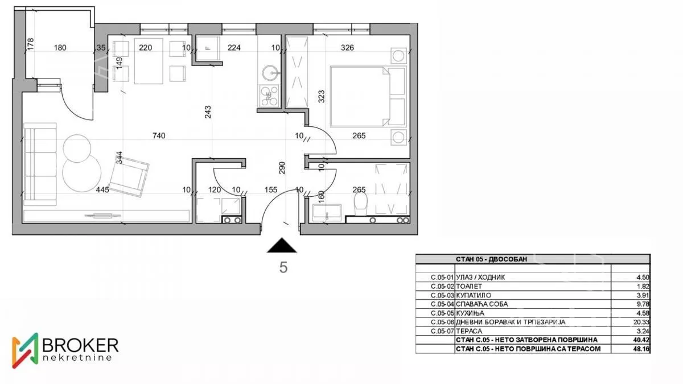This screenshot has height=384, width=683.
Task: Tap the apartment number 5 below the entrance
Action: click(x=283, y=267)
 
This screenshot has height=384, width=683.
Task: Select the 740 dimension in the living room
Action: click(x=159, y=135)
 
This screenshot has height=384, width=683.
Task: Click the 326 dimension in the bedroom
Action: click(x=347, y=48)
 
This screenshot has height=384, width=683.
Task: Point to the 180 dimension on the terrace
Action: click(x=60, y=48)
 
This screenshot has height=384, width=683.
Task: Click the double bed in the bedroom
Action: click(x=368, y=96)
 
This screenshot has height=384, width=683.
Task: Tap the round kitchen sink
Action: click(x=270, y=73)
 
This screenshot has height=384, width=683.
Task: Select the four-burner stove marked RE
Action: click(x=269, y=96)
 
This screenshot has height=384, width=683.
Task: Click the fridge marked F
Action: click(x=208, y=48)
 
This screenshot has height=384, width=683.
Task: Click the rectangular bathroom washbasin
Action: click(x=327, y=212)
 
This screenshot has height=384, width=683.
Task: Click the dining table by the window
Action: click(x=149, y=61)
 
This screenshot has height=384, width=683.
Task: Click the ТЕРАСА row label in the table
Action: click(x=469, y=331)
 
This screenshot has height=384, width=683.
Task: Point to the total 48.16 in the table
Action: click(x=641, y=349)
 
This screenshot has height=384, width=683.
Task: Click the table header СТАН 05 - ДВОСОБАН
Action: click(x=491, y=259)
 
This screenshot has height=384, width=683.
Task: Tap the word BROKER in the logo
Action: click(x=80, y=345)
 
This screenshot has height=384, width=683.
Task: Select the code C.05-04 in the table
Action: click(x=442, y=304)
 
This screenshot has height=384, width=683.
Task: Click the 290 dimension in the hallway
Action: click(x=282, y=168)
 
